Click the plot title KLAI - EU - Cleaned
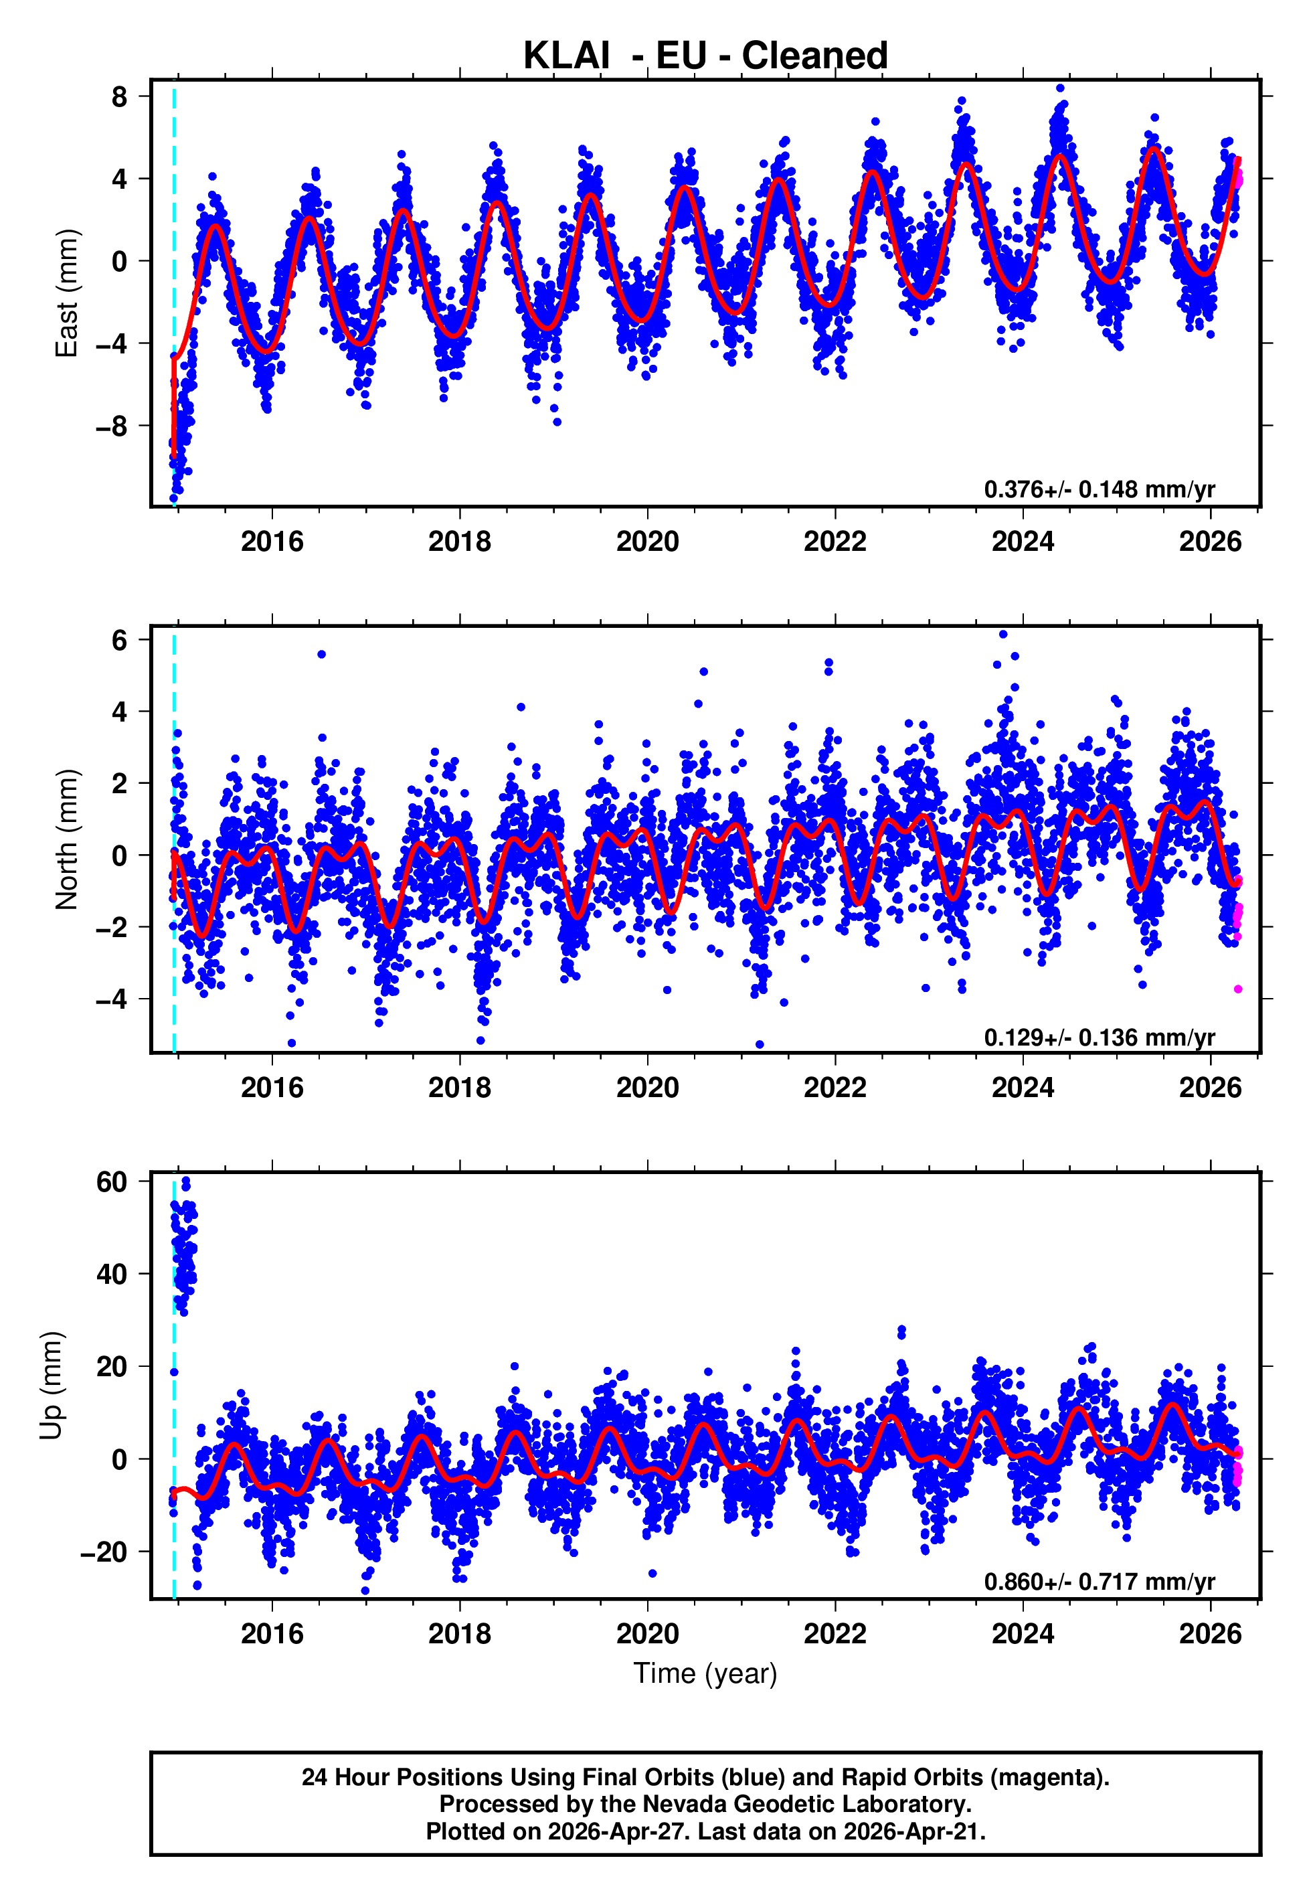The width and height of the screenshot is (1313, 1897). click(x=705, y=56)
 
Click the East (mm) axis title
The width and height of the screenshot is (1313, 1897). click(x=66, y=294)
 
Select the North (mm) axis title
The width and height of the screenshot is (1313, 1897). click(x=66, y=839)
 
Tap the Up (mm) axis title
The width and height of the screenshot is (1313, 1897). click(x=51, y=1386)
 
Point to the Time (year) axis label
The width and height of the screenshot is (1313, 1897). click(x=705, y=1673)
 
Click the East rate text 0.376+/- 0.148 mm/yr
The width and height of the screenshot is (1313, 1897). click(x=1099, y=489)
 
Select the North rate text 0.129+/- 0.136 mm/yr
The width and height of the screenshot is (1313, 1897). click(x=1099, y=1038)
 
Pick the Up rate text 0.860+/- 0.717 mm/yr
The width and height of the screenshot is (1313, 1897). click(x=1099, y=1582)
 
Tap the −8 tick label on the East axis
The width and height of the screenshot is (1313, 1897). click(x=112, y=426)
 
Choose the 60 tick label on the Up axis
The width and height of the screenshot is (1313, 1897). click(x=112, y=1182)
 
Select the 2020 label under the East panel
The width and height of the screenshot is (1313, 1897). click(x=647, y=542)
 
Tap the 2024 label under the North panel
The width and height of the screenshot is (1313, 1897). click(x=1023, y=1088)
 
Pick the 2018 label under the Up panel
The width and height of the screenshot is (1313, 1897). click(x=460, y=1633)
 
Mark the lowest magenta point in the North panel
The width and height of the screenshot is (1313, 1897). click(x=1238, y=989)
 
